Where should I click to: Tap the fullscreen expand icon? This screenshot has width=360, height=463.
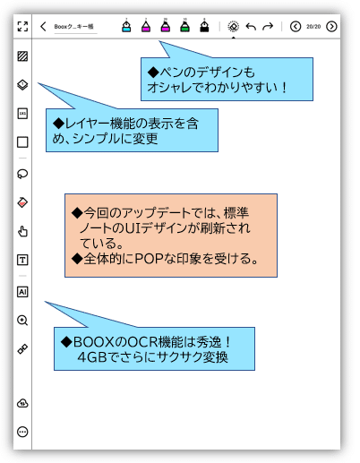22,26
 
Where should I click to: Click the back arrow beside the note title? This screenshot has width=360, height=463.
43,26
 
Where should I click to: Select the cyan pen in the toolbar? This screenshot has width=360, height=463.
126,26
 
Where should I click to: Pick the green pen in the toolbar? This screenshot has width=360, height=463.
185,26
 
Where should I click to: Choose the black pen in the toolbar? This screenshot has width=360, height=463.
204,26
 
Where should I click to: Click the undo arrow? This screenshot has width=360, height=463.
251,27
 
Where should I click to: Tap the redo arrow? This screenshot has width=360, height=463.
268,27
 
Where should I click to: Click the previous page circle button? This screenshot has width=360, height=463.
296,26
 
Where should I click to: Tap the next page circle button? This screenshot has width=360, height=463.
331,26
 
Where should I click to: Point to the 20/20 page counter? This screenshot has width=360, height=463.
313,27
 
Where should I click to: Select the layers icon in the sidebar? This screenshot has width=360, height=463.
22,85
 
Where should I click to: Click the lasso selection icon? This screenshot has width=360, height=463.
22,174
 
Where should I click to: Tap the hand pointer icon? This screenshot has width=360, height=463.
22,231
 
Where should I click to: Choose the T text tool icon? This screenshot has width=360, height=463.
22,260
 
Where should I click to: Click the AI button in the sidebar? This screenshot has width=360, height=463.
22,292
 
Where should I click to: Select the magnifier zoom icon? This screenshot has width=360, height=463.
22,321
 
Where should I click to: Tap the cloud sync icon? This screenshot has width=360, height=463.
22,403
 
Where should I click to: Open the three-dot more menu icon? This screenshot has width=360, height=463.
22,432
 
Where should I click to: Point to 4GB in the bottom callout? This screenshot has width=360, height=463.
92,357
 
